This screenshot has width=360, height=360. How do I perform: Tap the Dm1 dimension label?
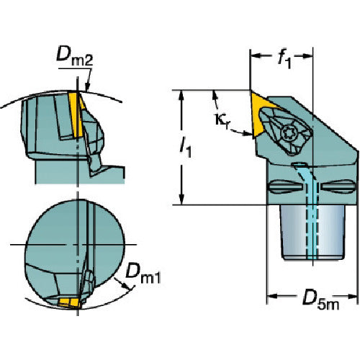pyautogui.click(x=143, y=273)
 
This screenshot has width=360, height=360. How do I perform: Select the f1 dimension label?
pyautogui.click(x=285, y=58)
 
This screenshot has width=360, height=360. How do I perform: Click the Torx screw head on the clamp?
pyautogui.click(x=289, y=132)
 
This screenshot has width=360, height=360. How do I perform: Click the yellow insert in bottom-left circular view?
pyautogui.click(x=70, y=302)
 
